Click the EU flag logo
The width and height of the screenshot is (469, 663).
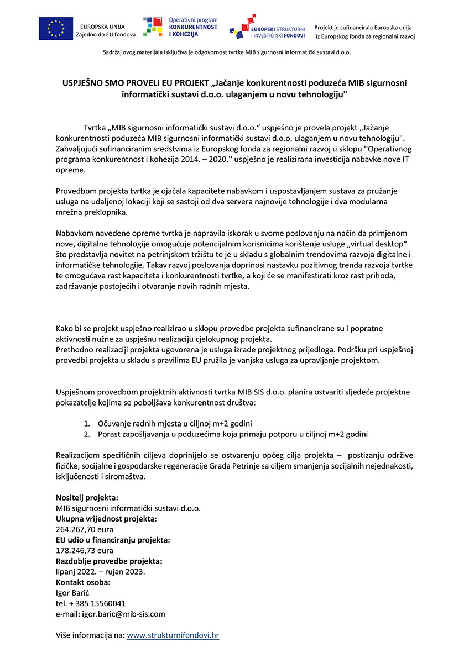coord(55,28)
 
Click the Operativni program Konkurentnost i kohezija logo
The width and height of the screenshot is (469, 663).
coord(180,27)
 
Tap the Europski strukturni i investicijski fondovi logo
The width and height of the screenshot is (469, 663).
coord(267,28)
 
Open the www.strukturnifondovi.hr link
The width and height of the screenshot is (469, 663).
coord(173,635)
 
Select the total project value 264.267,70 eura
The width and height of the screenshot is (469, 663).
coord(85,529)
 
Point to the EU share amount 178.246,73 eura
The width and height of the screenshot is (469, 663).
coord(85,550)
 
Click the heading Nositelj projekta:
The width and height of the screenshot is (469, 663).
coord(87,497)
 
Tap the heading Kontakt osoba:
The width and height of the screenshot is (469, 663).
coord(83,582)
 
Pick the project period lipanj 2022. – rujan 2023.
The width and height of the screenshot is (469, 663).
coord(100,571)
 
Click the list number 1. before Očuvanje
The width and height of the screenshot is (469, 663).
coord(87,423)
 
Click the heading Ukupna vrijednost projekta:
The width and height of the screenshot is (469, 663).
coord(106,519)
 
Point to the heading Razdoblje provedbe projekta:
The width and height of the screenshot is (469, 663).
coord(109,561)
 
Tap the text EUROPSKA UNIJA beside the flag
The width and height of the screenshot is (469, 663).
coord(102,27)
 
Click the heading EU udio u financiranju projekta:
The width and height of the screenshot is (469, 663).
coord(113,540)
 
